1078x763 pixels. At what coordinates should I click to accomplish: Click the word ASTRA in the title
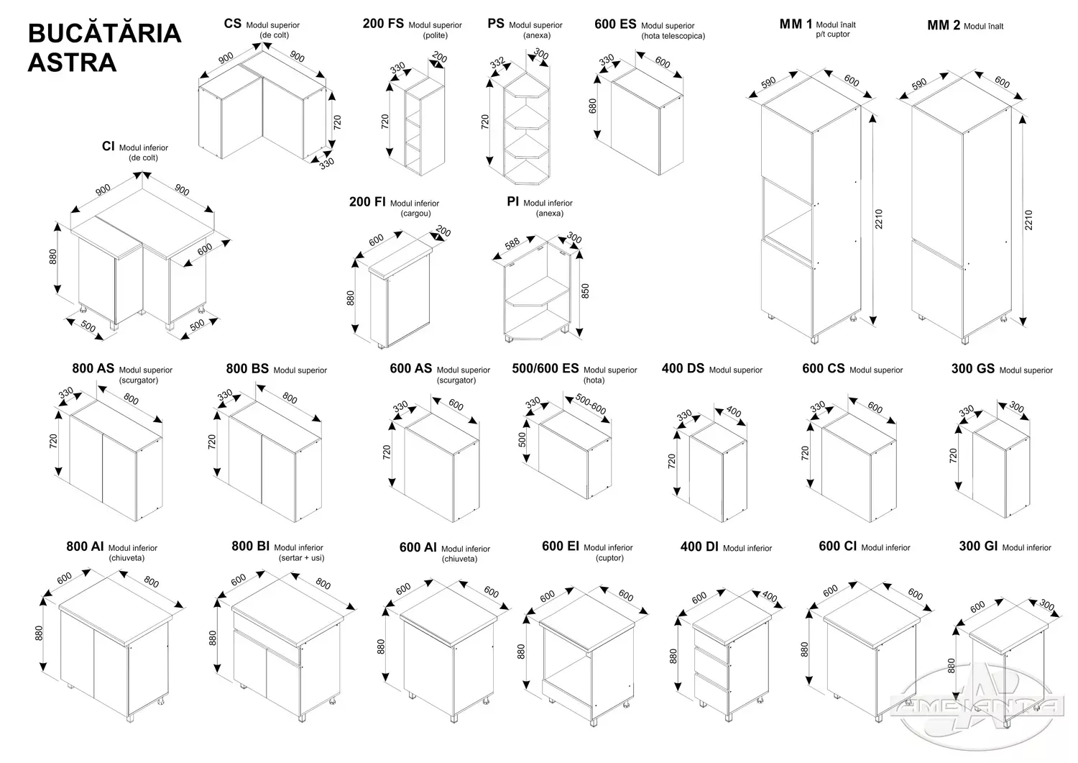point(72,63)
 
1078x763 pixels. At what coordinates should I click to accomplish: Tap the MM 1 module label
point(796,24)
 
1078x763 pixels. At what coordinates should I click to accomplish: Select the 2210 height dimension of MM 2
point(1028,220)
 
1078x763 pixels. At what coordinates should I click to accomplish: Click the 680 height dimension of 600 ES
point(593,106)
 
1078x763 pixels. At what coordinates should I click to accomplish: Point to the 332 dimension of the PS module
point(497,64)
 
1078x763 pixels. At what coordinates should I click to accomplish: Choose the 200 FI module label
point(368,202)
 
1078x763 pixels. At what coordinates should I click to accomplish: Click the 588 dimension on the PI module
point(512,244)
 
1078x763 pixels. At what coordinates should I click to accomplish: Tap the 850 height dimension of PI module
point(585,291)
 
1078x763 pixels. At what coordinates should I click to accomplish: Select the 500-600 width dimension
point(589,404)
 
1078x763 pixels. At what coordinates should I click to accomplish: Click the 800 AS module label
point(93,368)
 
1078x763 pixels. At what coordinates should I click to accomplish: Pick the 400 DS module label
point(683,369)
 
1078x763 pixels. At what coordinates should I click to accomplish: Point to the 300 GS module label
point(972,369)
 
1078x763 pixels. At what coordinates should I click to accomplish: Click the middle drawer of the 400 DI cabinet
point(712,658)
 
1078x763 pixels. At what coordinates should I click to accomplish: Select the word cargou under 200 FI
point(416,214)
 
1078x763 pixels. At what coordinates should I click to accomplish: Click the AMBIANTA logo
point(977,705)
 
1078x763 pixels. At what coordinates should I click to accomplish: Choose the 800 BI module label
point(251,547)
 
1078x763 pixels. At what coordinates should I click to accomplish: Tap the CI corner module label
point(109,147)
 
